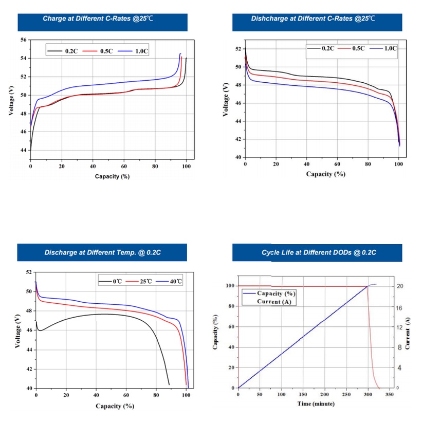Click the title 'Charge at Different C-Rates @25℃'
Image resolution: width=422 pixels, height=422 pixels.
point(98,19)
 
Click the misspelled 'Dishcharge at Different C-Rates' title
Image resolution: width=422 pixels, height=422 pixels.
point(313,19)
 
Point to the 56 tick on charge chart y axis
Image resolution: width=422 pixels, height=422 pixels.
point(23,40)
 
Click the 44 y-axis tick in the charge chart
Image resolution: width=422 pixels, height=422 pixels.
point(23,151)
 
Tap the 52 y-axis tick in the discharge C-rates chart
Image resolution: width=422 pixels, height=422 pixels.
point(237,49)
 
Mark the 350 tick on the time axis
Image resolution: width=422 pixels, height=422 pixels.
point(390,395)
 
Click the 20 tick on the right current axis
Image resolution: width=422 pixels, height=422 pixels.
point(399,286)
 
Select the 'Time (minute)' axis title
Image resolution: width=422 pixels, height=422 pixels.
point(316,403)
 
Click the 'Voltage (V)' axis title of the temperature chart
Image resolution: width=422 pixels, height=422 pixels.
point(18,329)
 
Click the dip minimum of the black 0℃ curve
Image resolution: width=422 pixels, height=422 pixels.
point(40,330)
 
